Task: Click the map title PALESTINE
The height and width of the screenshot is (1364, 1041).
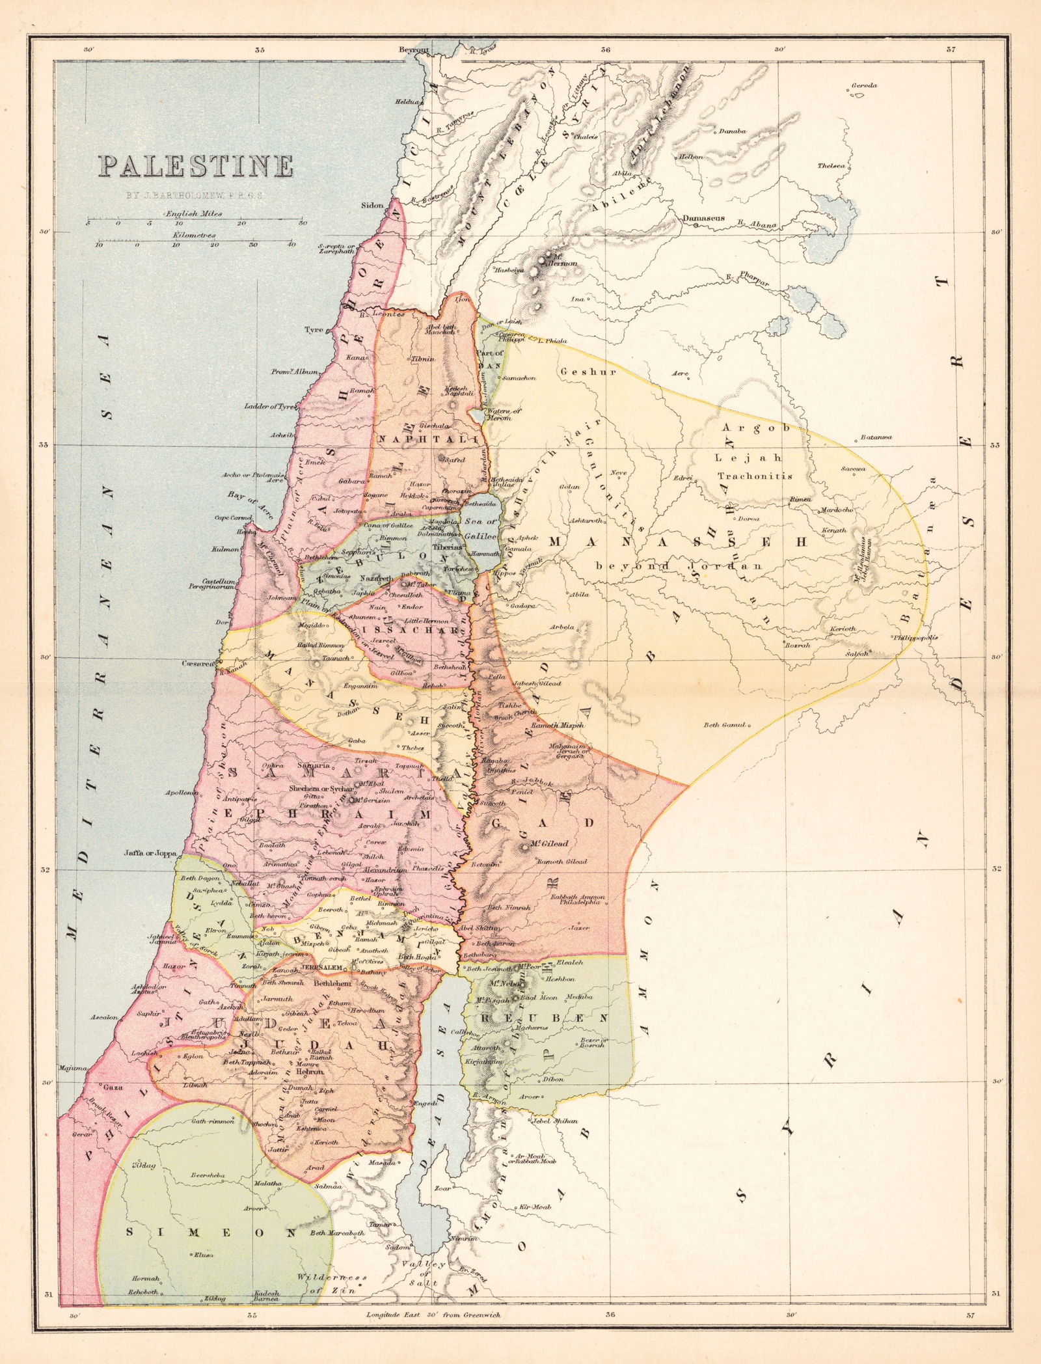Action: click(x=195, y=167)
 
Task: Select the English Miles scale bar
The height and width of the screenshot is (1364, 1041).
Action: click(x=193, y=223)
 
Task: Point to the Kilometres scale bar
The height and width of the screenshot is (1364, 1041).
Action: click(x=193, y=244)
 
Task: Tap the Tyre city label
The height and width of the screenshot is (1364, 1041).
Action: click(x=314, y=329)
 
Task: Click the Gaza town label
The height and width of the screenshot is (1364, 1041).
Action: click(x=108, y=1087)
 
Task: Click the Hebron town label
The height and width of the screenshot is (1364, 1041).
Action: click(x=312, y=1071)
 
